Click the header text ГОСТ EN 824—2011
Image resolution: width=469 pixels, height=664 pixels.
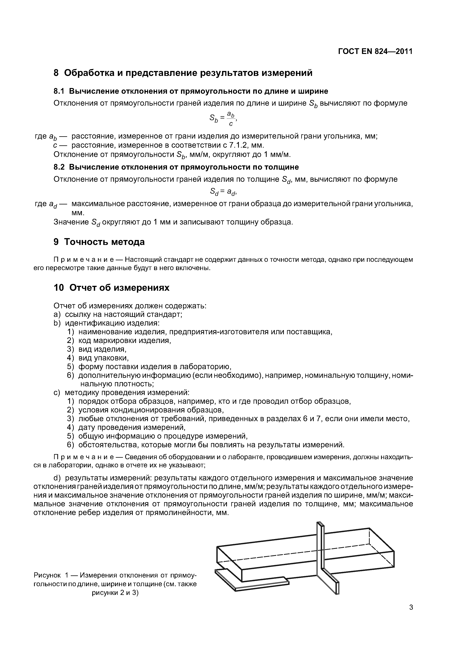tap(375, 51)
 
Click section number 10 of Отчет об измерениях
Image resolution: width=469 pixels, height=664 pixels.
tap(59, 288)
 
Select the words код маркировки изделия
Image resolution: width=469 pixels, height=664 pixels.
tap(125, 341)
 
